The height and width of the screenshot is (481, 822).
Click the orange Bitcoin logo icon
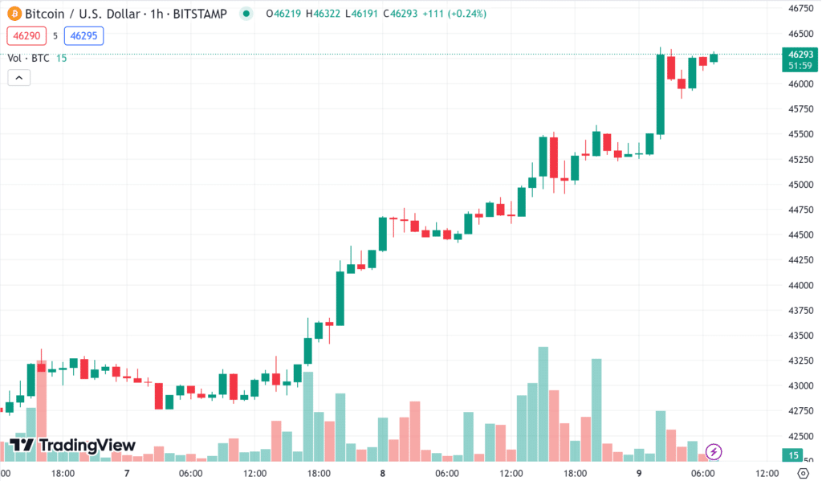coord(14,14)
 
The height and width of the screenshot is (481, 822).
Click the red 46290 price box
coord(26,35)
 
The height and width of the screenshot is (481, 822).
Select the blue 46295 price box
coord(84,35)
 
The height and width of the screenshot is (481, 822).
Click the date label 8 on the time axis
coord(383,473)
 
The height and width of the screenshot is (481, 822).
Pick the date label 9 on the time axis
coord(639,473)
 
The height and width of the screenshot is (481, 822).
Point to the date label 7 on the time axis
coord(127,473)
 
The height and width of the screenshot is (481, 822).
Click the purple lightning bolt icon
coord(714,451)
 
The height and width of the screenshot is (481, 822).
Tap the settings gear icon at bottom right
coord(802,473)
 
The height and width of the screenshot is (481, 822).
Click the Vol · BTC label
coord(29,58)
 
